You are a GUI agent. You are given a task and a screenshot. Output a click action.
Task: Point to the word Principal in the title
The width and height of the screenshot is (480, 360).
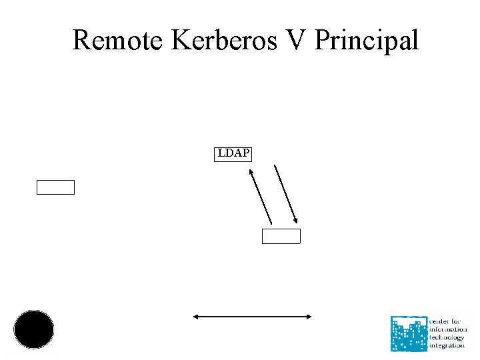tap(366, 41)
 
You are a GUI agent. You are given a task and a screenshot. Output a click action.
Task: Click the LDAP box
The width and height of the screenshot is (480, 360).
tap(233, 154)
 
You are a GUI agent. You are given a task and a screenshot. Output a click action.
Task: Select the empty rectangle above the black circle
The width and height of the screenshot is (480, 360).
tap(55, 187)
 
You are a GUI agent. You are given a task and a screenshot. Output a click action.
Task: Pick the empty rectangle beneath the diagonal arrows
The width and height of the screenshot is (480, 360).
tap(281, 236)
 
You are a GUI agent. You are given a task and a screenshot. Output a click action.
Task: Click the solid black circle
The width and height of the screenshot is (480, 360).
tap(34, 329)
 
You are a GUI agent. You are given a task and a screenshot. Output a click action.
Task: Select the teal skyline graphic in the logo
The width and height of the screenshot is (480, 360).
tap(409, 333)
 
